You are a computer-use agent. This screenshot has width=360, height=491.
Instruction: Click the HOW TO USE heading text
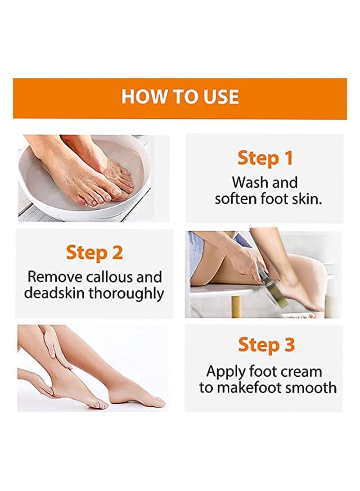[x=180, y=97]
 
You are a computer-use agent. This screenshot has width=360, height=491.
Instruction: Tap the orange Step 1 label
[x=265, y=158]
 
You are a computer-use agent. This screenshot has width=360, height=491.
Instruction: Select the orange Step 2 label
[x=94, y=252]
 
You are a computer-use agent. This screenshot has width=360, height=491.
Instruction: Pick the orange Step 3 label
[x=266, y=345]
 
